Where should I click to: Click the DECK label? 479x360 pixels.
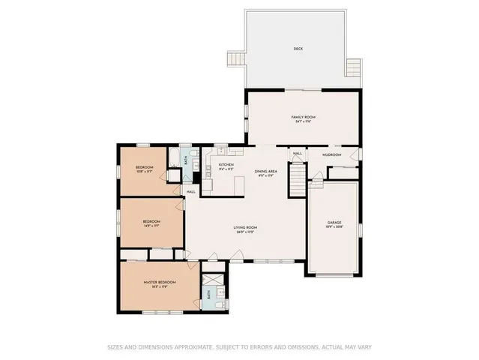(x=298, y=49)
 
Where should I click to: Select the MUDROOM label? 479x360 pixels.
(x=332, y=154)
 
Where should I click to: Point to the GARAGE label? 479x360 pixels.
(x=334, y=223)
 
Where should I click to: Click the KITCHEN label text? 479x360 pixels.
(x=226, y=165)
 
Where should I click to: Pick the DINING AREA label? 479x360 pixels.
(x=266, y=171)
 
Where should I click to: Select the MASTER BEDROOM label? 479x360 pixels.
(x=159, y=283)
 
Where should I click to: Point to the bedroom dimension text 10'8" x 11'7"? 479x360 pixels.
(x=144, y=172)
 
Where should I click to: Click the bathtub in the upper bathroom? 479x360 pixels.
(x=173, y=158)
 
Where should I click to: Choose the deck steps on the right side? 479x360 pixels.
(x=355, y=71)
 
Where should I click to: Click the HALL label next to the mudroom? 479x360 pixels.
(x=298, y=154)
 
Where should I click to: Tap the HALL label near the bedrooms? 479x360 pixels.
(x=190, y=191)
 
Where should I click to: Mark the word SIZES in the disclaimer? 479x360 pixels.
(x=115, y=346)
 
